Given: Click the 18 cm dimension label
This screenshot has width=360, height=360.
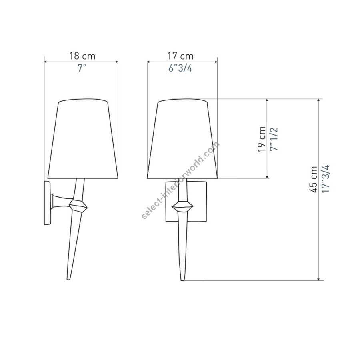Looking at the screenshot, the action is click(x=82, y=56).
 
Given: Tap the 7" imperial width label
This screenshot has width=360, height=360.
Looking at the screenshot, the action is click(x=82, y=68).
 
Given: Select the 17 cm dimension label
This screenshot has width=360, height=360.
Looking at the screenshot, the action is click(x=180, y=56).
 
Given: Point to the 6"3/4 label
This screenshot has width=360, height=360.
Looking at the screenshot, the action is click(x=180, y=68).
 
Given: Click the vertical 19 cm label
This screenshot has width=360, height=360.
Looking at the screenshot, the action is click(x=262, y=139).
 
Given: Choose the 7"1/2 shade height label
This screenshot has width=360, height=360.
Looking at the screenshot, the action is click(x=274, y=139).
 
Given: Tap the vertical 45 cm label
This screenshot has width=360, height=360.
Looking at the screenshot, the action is click(x=313, y=180).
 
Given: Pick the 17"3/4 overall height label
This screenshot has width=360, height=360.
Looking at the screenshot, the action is click(x=325, y=179).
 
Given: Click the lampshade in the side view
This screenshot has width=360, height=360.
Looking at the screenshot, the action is click(x=83, y=139).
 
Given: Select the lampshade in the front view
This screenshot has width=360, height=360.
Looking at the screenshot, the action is click(x=182, y=139).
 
